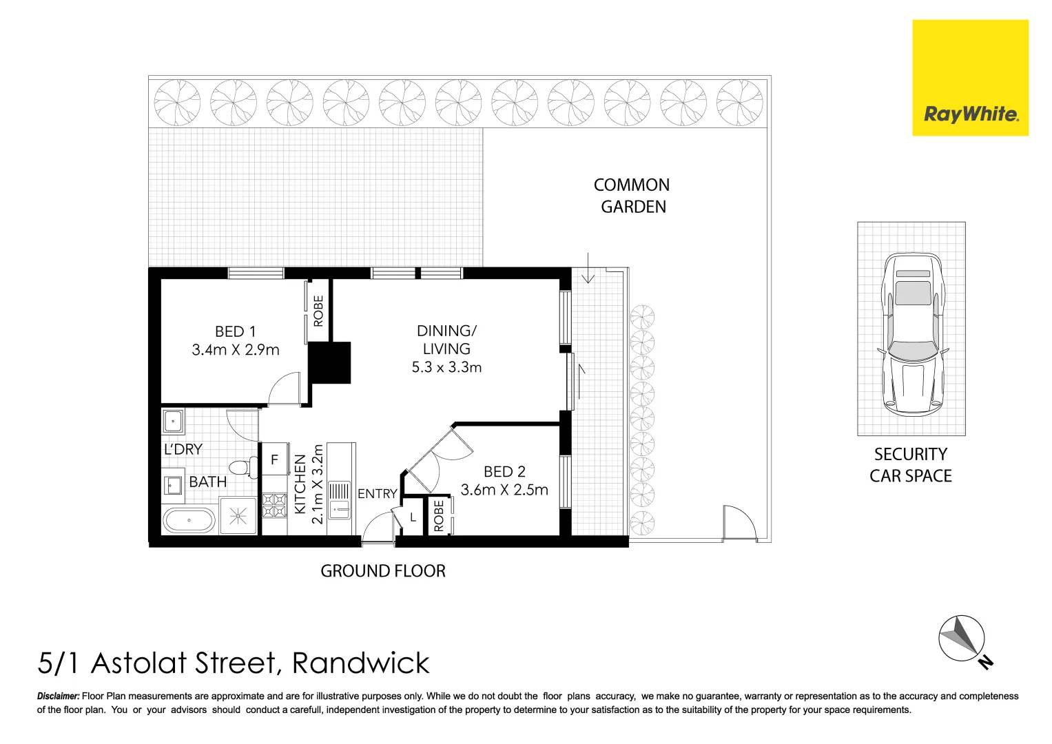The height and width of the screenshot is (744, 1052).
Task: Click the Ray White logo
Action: pos(970,78)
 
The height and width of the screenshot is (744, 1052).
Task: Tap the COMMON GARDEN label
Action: pos(632,196)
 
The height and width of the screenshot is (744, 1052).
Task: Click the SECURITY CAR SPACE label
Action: pos(910,465)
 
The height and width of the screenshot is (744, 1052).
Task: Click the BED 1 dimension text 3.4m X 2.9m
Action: pos(236,350)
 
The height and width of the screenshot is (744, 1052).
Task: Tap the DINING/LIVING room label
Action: pos(446,340)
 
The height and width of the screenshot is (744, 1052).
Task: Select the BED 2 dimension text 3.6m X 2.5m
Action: pos(504,490)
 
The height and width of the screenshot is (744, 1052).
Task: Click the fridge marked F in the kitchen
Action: pos(274,459)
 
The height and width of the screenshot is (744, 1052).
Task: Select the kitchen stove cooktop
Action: pos(274,505)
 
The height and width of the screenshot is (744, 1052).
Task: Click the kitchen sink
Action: pos(339,500)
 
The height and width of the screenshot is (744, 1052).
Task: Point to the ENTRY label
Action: pos(377,494)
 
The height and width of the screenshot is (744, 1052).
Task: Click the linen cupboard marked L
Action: pos(413,517)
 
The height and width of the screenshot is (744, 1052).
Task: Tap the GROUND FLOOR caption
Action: pos(383,571)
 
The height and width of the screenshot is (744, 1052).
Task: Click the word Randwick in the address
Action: pos(360,663)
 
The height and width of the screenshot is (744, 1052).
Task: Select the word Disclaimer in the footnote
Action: pos(58,696)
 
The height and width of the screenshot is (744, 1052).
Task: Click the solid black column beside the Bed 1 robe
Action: pos(330,362)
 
